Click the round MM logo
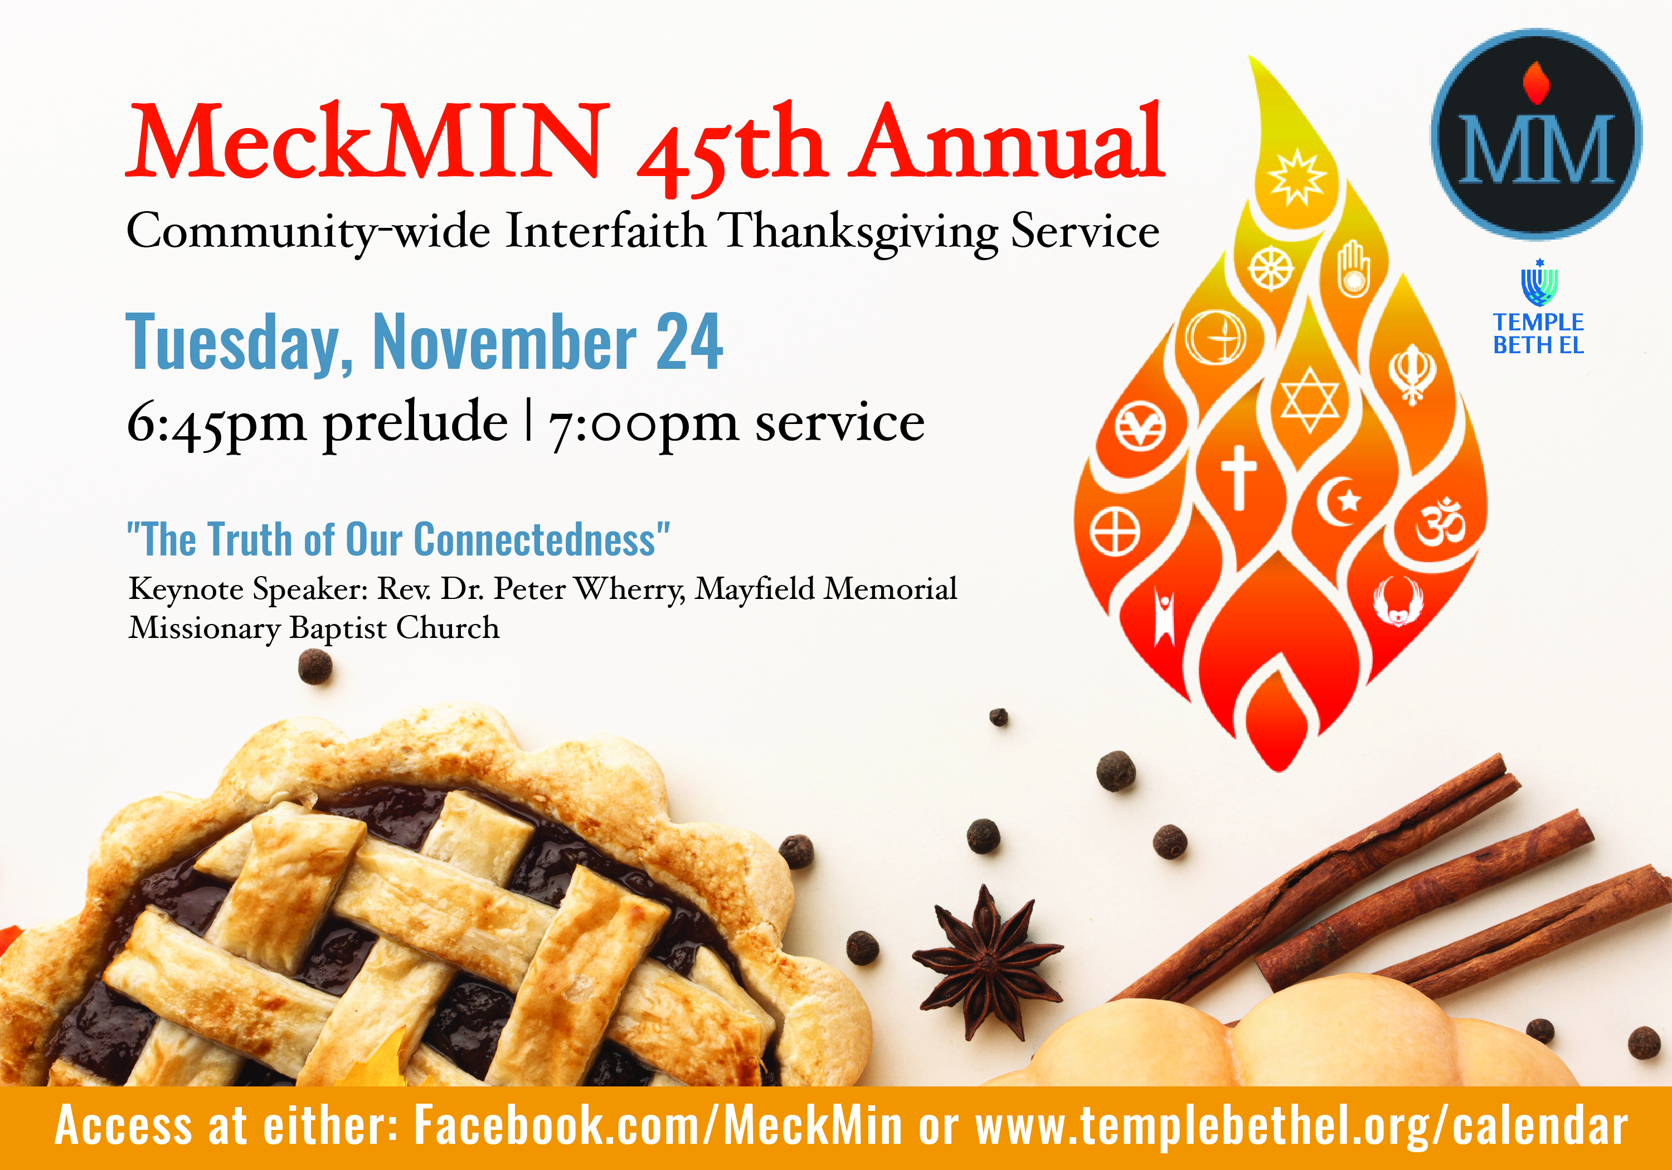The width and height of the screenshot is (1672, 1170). tap(1536, 135)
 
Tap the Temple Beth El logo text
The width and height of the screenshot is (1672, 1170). tap(1538, 334)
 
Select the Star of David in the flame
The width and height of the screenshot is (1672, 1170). tap(1309, 399)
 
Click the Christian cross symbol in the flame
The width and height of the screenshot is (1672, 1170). tap(1238, 477)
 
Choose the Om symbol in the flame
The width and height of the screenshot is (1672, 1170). tap(1440, 523)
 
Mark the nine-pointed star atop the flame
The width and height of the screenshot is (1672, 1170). tap(1296, 177)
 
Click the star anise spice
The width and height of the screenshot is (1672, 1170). tap(988, 962)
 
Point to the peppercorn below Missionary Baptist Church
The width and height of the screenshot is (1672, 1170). tap(315, 667)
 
